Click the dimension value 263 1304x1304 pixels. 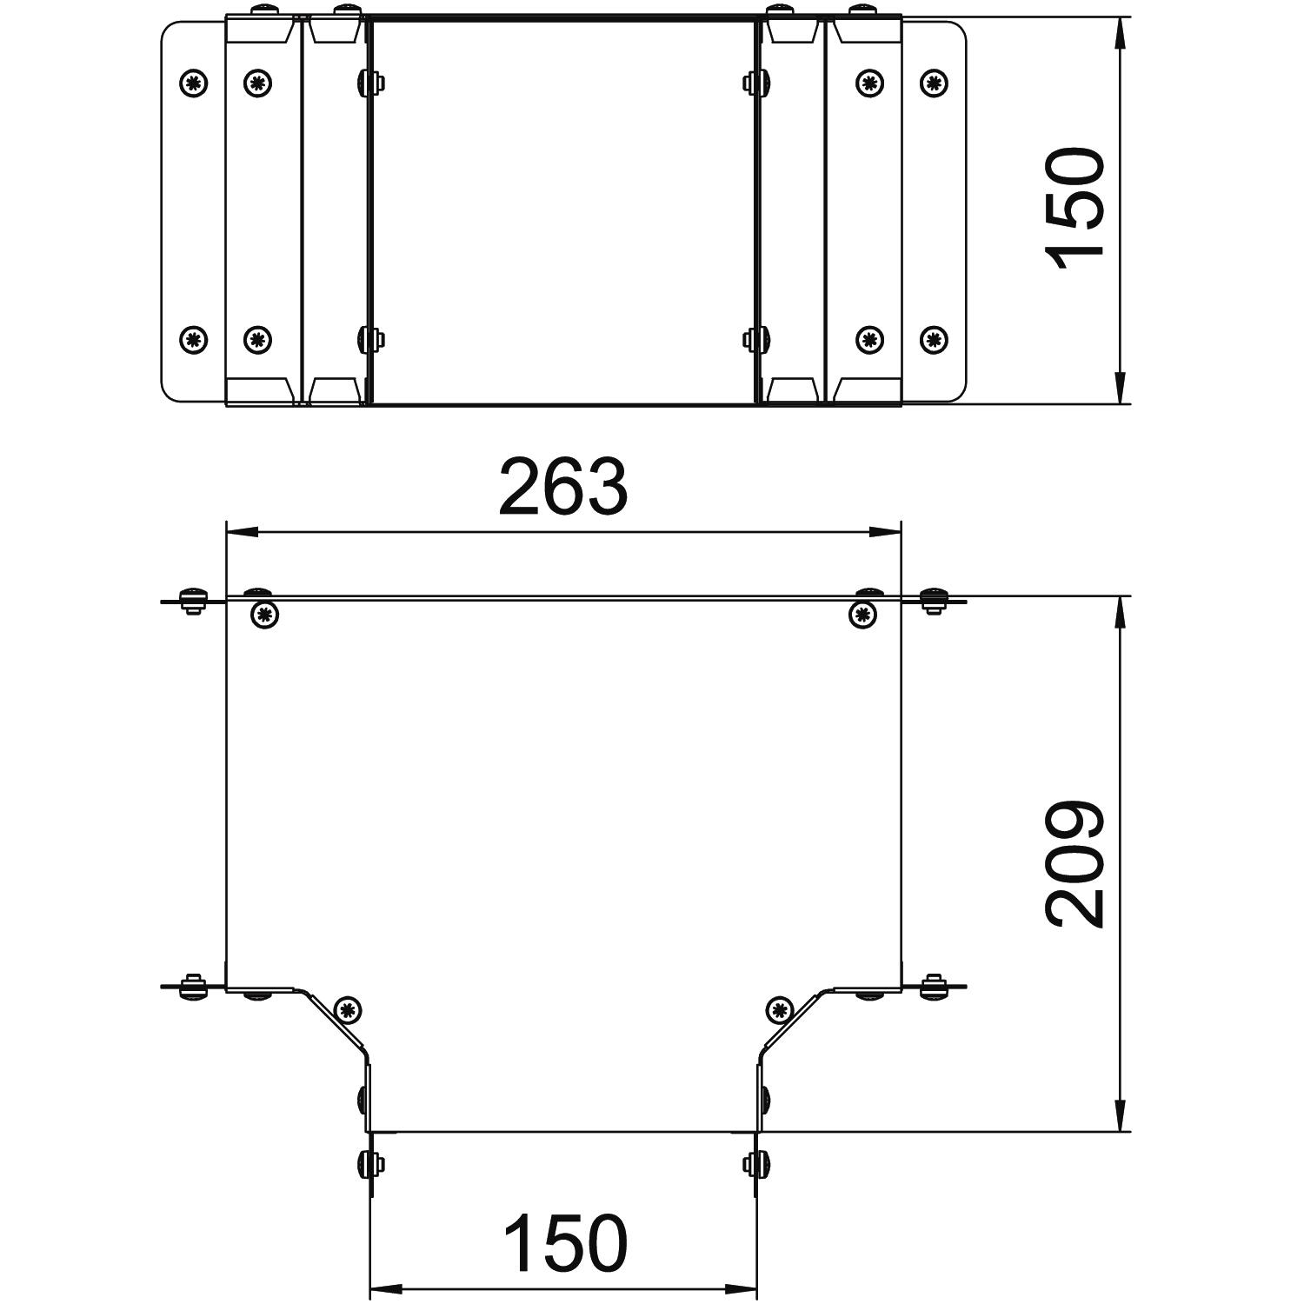point(562,488)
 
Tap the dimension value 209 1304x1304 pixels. point(1075,864)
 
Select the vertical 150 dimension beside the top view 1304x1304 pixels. point(1075,209)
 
